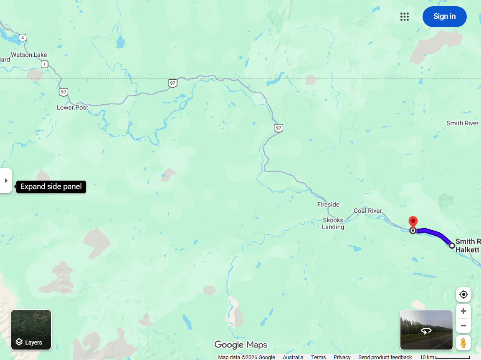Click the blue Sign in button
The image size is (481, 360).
point(444,17)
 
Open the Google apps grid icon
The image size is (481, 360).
point(404,17)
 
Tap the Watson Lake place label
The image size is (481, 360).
point(29,55)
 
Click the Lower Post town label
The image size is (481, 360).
point(72,107)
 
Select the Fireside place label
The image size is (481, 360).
point(328,204)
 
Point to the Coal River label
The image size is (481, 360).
point(367,211)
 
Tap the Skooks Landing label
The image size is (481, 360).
point(333,224)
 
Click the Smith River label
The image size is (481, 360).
point(462,123)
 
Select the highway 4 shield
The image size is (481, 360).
point(23,38)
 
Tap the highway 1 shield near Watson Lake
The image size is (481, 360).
point(45,64)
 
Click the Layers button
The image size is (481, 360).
point(31,330)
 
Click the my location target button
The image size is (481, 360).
point(463,295)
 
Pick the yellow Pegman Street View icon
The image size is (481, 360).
point(463,343)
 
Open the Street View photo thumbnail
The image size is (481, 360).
point(426,330)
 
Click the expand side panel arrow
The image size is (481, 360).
point(6,181)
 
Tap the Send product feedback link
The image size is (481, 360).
point(385,357)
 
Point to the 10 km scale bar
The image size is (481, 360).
point(452,357)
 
